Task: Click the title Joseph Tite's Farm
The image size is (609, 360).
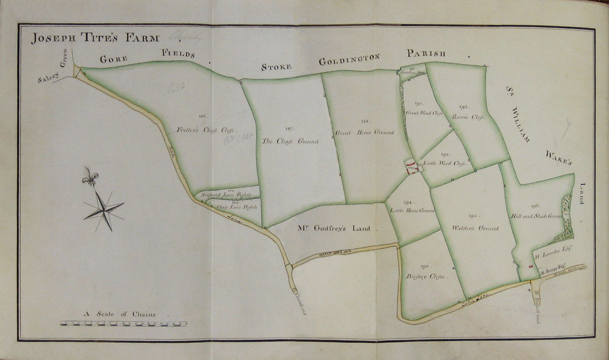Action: tap(95, 38)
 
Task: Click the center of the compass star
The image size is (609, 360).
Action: tap(104, 209)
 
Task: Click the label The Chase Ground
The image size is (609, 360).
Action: tap(290, 141)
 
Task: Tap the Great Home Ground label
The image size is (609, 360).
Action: tap(365, 132)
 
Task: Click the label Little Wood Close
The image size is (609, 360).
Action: tap(444, 163)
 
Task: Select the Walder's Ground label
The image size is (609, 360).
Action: tap(475, 228)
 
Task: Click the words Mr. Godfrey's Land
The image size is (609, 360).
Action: tap(334, 228)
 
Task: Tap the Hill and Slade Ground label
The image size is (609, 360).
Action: tap(536, 216)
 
